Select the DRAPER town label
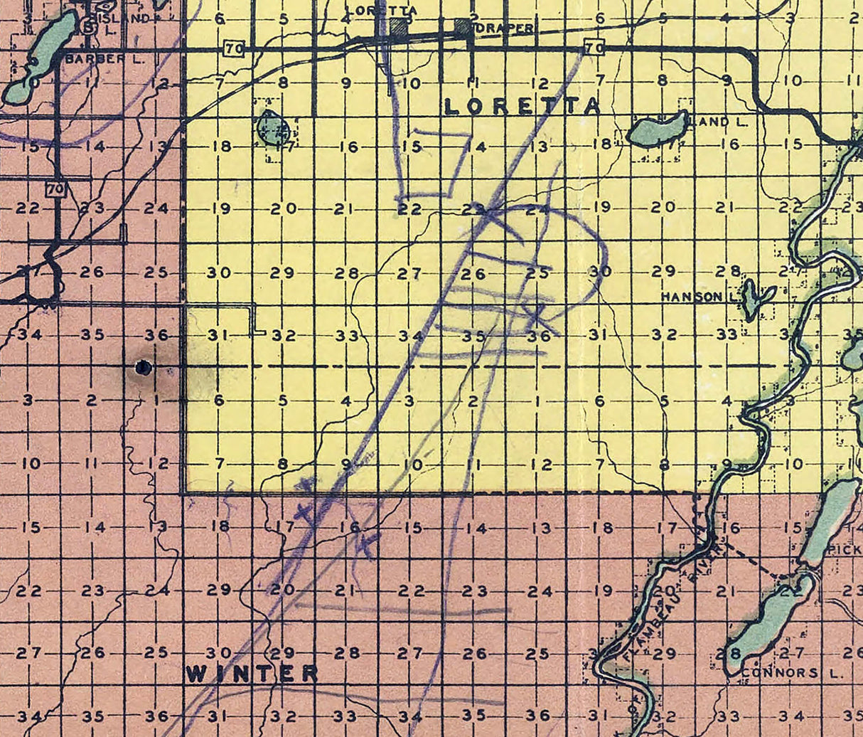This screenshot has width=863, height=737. pyautogui.click(x=510, y=28)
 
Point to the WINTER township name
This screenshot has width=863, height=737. pyautogui.click(x=252, y=674)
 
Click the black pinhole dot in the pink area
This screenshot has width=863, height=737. pyautogui.click(x=144, y=368)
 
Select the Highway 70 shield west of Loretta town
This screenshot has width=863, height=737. pyautogui.click(x=232, y=48)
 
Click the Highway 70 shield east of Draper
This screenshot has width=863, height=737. pyautogui.click(x=594, y=48)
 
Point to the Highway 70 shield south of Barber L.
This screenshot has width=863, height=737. pyautogui.click(x=55, y=190)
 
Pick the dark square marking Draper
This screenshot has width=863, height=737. pyautogui.click(x=463, y=26)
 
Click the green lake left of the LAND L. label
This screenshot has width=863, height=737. pyautogui.click(x=658, y=130)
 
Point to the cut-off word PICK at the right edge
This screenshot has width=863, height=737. pyautogui.click(x=846, y=550)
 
